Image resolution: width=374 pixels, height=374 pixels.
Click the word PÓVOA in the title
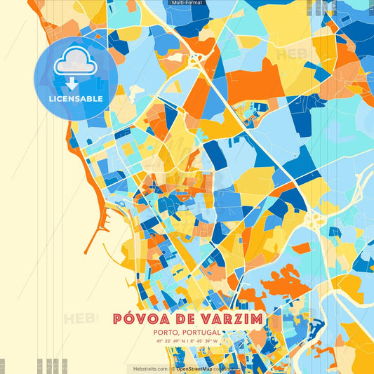pos(141,319)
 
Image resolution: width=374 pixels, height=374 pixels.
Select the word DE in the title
pos(185,319)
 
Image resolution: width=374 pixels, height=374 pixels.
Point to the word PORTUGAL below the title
pos(202,333)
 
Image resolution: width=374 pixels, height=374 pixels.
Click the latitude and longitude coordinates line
pos(187,342)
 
